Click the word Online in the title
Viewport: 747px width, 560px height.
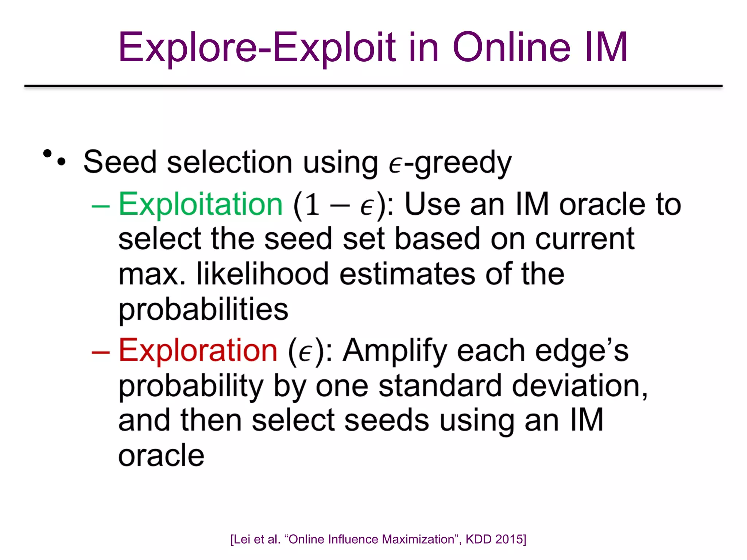[x=511, y=47]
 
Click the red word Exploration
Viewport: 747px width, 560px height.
[x=198, y=350]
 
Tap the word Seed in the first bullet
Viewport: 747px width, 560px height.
[x=120, y=162]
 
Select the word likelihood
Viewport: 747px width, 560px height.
[x=263, y=274]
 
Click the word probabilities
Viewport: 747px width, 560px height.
[x=204, y=310]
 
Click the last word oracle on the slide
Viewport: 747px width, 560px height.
[x=161, y=455]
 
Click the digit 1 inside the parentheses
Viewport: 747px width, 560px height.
[x=312, y=205]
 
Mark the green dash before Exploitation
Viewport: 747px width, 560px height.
[x=101, y=206]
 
